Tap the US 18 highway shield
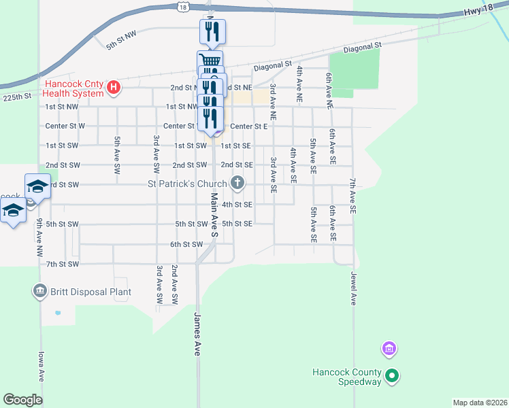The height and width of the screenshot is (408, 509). [x=182, y=6]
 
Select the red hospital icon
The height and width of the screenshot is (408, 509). [x=114, y=87]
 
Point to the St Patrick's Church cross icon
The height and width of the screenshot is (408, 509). [x=237, y=182]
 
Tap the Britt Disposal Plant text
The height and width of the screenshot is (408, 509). [x=91, y=292]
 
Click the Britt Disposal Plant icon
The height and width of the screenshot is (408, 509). [x=39, y=292]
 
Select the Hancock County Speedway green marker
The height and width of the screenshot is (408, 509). [x=392, y=375]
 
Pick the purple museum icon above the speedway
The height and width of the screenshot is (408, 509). [x=389, y=350]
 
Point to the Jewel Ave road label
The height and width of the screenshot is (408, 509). [x=353, y=289]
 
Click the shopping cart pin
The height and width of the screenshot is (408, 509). [x=210, y=61]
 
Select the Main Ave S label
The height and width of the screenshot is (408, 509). [x=214, y=214]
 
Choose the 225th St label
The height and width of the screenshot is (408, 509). [x=17, y=97]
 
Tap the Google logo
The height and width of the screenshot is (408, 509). [x=22, y=400]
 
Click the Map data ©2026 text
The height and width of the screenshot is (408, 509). [x=480, y=403]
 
